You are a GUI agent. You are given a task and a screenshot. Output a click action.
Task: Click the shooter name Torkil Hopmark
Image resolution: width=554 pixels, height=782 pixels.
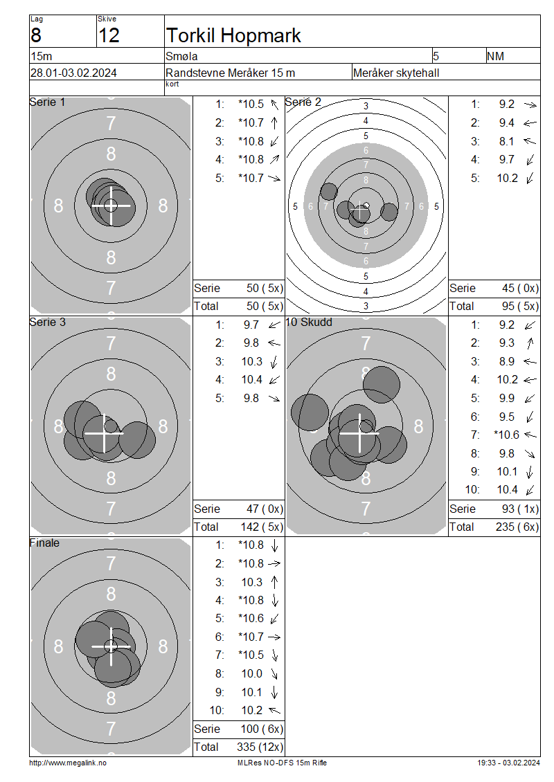coord(233,35)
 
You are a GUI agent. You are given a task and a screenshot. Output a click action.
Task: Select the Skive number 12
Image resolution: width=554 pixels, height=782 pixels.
coord(109,35)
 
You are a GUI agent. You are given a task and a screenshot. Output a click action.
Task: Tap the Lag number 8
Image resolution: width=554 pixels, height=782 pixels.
coord(36,35)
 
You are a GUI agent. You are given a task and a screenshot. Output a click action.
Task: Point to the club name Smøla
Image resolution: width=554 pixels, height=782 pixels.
coord(181,56)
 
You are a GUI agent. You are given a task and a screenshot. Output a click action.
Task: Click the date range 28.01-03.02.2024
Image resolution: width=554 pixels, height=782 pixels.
coord(74,73)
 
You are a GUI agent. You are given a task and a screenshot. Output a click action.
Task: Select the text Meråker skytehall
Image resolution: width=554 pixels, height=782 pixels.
coord(396,73)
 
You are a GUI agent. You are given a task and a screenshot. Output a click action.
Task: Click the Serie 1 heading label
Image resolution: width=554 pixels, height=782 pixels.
coord(47,102)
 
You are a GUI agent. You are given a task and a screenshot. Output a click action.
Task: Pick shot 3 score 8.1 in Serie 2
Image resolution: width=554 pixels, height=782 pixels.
coord(506,142)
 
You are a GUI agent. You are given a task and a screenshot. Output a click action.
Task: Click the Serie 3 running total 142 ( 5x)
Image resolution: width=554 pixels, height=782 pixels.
coord(262,527)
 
